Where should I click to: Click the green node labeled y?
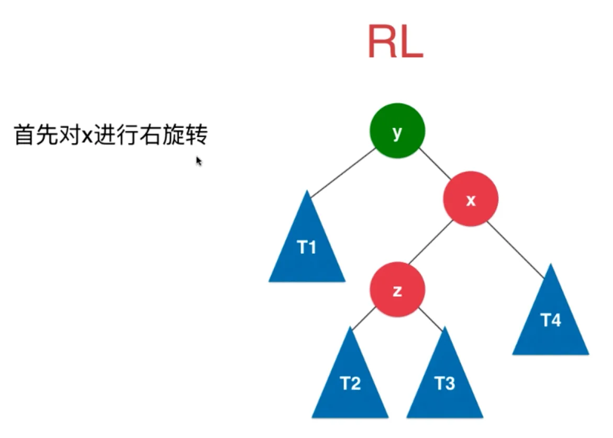pos(397,131)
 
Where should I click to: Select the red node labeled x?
pos(471,199)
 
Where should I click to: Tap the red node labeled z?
pos(397,290)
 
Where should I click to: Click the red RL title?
pos(395,42)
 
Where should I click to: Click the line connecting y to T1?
pos(343,172)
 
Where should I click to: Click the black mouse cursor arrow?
pos(198,161)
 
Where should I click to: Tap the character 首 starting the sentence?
pos(23,136)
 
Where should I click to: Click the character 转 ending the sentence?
pos(197,136)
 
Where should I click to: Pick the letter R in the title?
pos(382,42)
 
